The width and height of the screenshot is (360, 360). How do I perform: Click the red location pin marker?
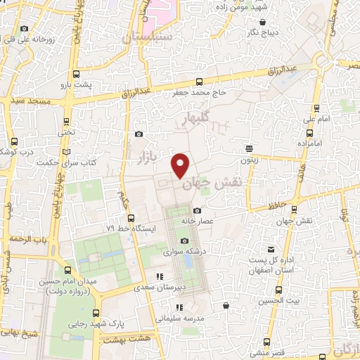point(181,165)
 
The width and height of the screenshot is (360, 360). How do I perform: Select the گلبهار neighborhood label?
point(195,119)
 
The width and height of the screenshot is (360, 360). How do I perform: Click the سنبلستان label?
point(147,37)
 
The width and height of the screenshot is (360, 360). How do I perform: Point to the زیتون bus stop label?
point(249,160)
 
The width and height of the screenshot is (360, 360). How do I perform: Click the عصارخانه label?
point(197,221)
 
